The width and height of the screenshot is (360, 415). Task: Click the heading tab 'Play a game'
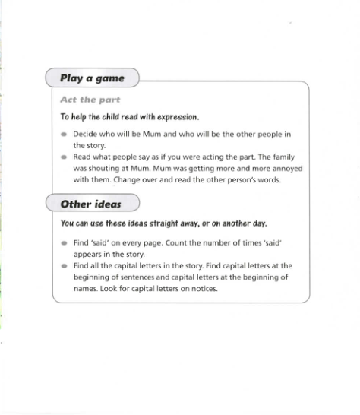tap(92, 78)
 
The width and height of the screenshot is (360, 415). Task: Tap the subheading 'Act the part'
tap(90, 100)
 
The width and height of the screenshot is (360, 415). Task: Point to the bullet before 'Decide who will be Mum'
tap(64, 135)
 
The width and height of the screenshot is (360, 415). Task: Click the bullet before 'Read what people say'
tap(64, 158)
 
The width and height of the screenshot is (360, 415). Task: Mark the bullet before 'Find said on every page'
tap(64, 243)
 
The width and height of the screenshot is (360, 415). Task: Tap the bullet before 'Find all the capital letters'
tap(64, 267)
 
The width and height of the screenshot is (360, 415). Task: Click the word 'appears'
tap(87, 255)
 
